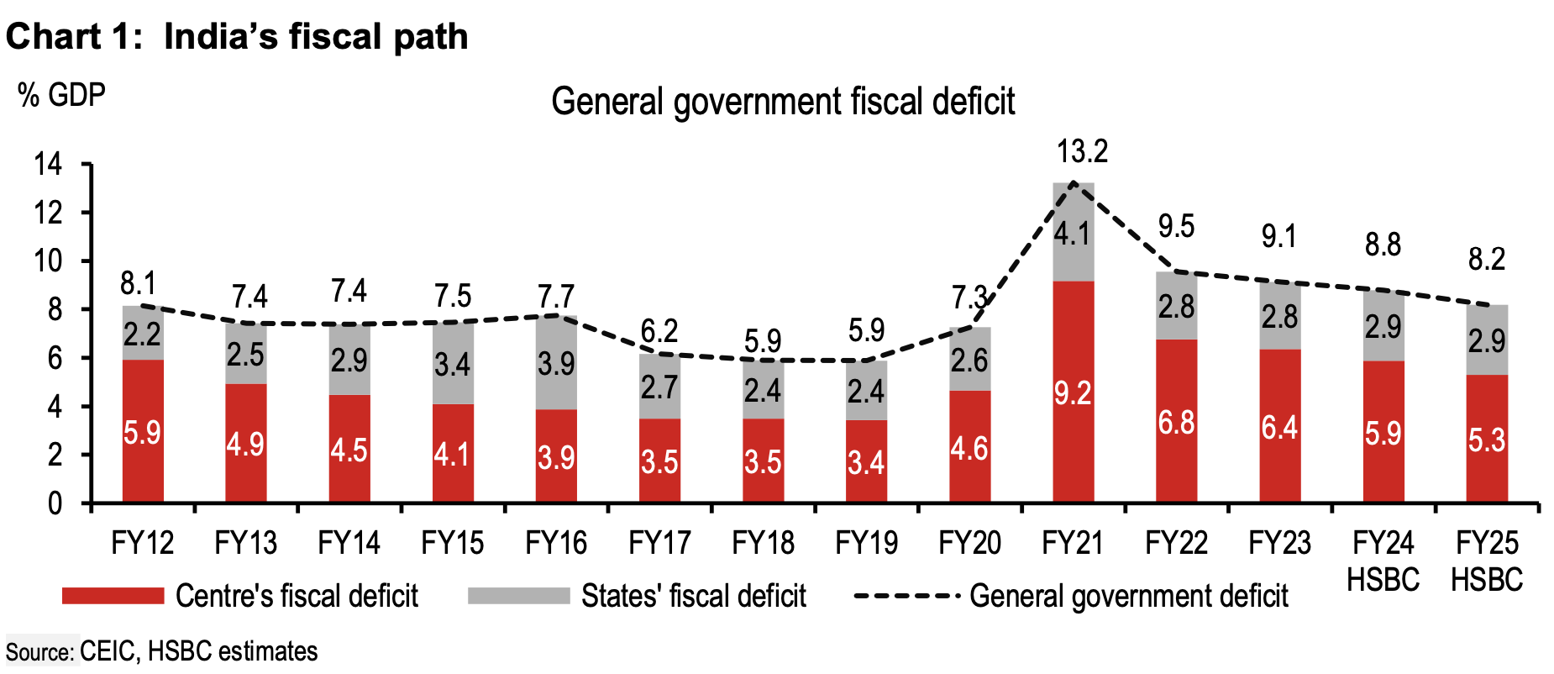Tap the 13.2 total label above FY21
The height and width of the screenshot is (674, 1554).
click(x=1082, y=152)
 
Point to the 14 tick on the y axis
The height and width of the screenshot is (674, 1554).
click(x=48, y=164)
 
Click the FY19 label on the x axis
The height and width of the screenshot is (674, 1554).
click(x=866, y=543)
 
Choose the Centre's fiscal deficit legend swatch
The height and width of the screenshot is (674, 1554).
click(x=113, y=596)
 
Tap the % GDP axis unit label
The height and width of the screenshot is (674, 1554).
click(x=61, y=95)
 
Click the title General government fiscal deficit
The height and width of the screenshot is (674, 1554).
click(x=782, y=102)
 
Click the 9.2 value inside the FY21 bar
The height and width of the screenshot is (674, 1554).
click(x=1073, y=393)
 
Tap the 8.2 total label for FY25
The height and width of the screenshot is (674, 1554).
click(x=1486, y=260)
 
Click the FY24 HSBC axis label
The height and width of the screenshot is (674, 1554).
click(x=1383, y=561)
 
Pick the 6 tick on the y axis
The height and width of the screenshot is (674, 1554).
click(x=55, y=359)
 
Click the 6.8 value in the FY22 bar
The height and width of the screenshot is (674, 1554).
click(x=1176, y=423)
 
